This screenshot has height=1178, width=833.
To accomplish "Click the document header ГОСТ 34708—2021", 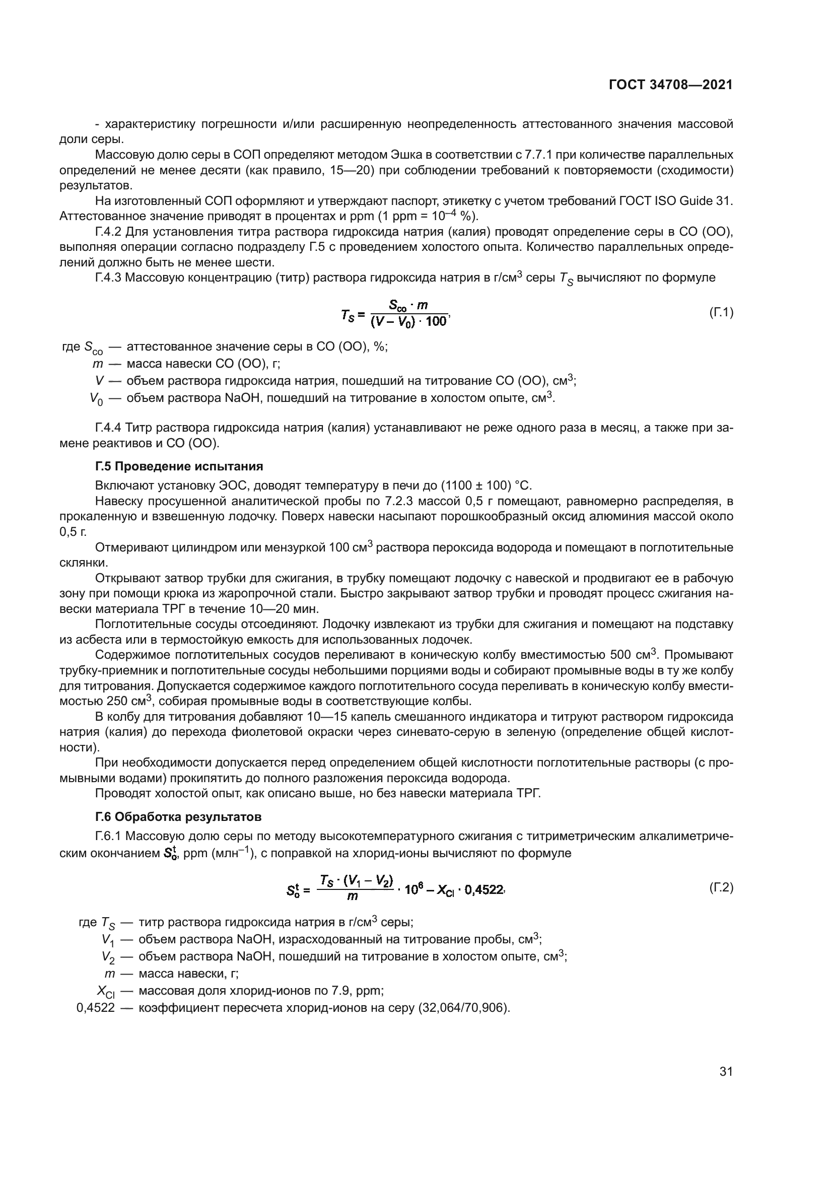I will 670,85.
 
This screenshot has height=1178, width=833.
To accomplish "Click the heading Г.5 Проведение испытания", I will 179,466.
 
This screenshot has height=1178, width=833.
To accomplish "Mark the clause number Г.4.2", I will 108,232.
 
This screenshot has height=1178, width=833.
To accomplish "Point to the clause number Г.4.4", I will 108,428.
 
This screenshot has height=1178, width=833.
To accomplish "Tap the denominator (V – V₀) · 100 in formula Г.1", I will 408,323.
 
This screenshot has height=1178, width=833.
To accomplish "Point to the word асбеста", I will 97,640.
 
